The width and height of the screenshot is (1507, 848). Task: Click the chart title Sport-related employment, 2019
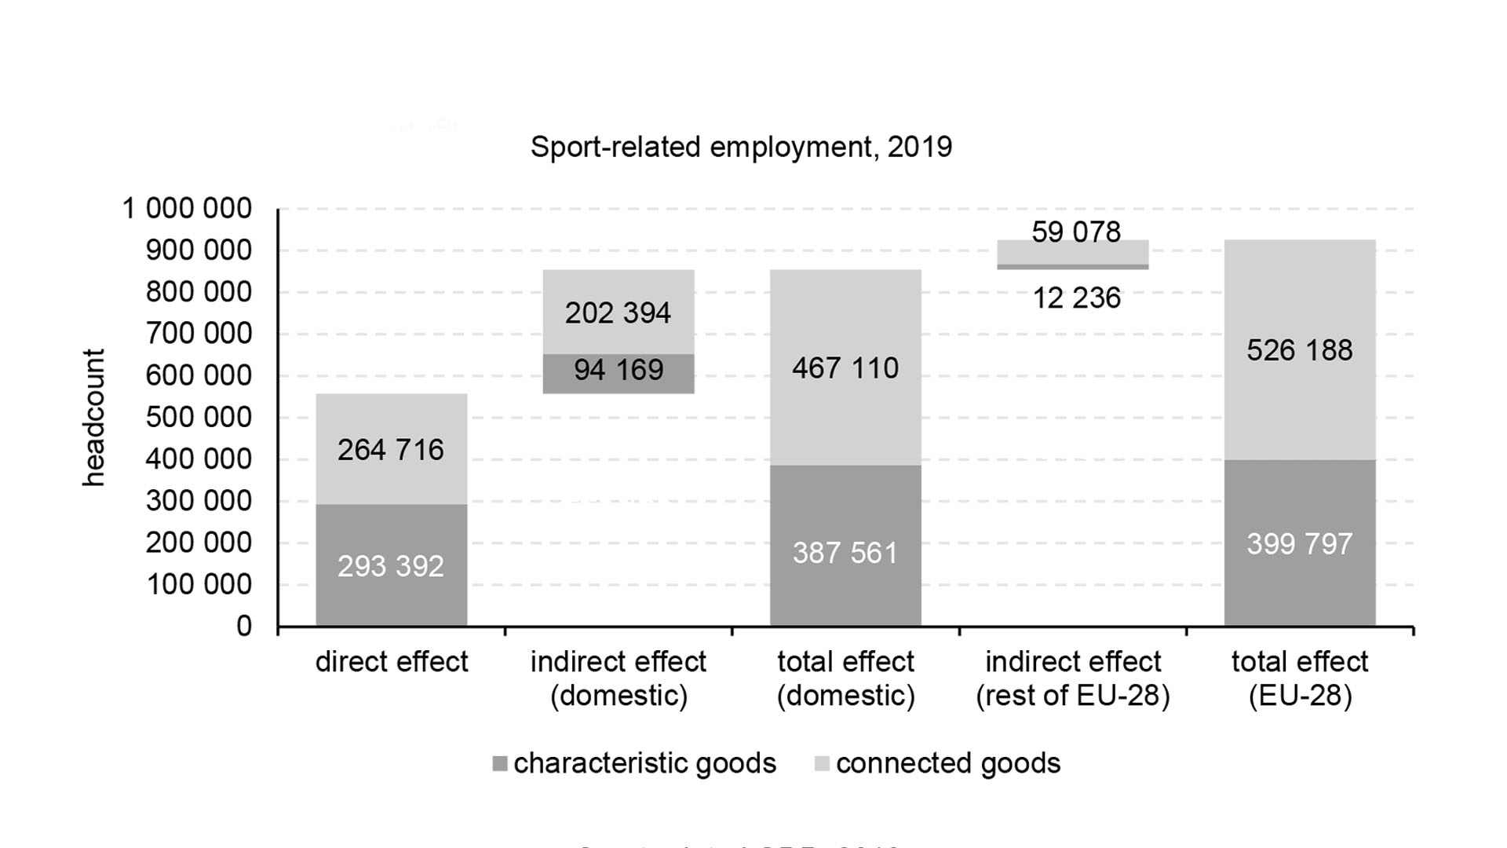click(741, 147)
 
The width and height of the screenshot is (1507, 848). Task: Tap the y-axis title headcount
click(93, 418)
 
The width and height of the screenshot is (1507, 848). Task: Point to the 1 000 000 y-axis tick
click(187, 209)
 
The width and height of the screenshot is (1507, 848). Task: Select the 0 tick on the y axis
click(244, 627)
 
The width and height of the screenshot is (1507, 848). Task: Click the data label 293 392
click(391, 566)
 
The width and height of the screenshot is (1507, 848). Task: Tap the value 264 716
click(391, 450)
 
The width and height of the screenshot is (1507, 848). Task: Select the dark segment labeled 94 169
click(618, 373)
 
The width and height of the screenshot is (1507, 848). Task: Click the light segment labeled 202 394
click(618, 312)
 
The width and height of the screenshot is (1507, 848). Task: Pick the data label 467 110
click(845, 368)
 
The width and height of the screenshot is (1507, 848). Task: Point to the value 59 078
click(1076, 232)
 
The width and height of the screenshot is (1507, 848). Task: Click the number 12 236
click(1076, 298)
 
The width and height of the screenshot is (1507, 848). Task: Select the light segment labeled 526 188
click(1300, 350)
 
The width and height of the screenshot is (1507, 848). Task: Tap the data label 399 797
click(1300, 544)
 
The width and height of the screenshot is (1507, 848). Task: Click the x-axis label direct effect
click(391, 662)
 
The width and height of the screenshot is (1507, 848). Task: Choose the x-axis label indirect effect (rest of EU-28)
click(1073, 678)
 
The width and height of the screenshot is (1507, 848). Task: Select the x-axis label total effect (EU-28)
click(1300, 678)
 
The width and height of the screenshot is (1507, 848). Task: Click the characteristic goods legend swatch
click(499, 763)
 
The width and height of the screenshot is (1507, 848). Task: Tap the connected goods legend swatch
click(822, 763)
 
